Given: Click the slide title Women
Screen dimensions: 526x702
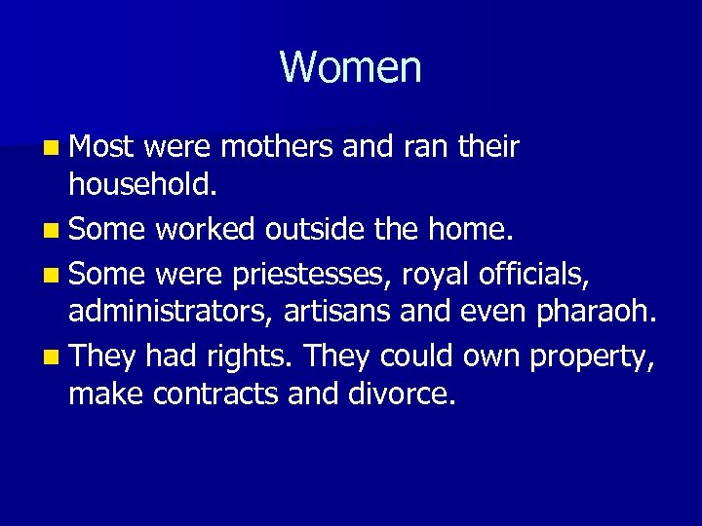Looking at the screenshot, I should (x=350, y=68).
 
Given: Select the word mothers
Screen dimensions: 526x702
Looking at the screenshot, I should (x=280, y=148).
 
